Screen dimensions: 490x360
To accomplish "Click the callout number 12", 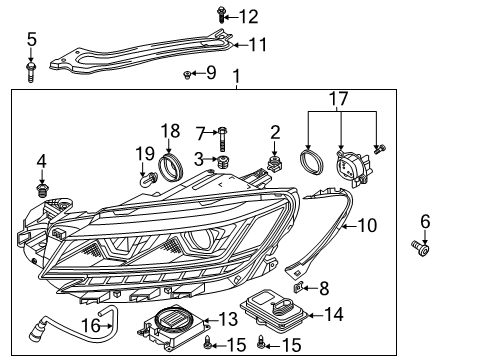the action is tap(249, 17).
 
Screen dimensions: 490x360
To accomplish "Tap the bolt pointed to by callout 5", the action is tap(31, 71).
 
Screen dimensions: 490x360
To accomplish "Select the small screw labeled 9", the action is tap(187, 75).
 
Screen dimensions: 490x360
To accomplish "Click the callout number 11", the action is tap(258, 45).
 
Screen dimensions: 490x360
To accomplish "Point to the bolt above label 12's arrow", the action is tap(221, 15).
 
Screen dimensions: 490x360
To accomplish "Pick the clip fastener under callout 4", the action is tap(41, 190).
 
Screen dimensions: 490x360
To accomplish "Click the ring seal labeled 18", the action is tap(171, 167).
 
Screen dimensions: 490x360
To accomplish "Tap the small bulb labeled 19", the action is tap(149, 180).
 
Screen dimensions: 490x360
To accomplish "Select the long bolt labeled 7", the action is tap(222, 139).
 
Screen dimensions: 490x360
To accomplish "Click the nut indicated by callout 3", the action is tap(222, 162).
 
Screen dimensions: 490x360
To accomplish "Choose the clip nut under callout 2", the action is tap(274, 164).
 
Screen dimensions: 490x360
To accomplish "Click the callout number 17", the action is tap(338, 99).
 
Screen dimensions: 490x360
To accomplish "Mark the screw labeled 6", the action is tap(421, 249).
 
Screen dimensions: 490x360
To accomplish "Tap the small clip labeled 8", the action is tap(298, 287).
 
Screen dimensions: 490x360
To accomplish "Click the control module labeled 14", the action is tap(275, 311).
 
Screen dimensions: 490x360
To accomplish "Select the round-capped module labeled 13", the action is tap(171, 328).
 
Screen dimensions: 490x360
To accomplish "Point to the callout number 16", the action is tap(91, 326).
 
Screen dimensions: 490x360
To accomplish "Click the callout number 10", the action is tap(367, 226).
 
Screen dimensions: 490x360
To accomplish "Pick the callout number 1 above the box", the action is tap(236, 76).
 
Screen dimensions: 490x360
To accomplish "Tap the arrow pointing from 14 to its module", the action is tap(315, 315).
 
